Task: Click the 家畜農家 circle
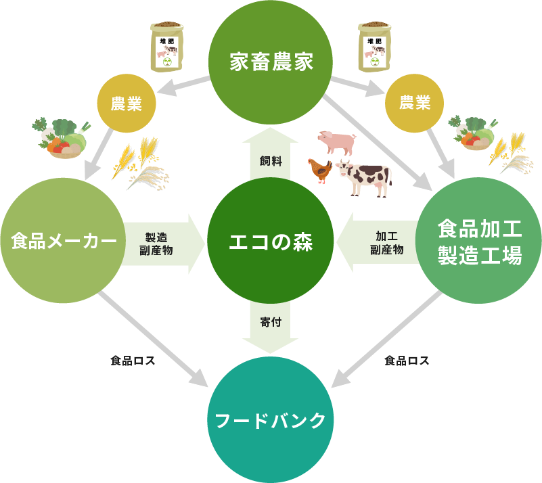pos(271,62)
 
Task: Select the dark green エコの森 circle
pos(271,241)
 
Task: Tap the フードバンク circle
pos(271,419)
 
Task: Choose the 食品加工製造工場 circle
pos(479,241)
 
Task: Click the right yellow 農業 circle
pos(415,103)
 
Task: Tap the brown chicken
pos(319,170)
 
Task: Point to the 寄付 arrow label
pos(271,322)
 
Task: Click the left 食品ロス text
pos(133,361)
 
